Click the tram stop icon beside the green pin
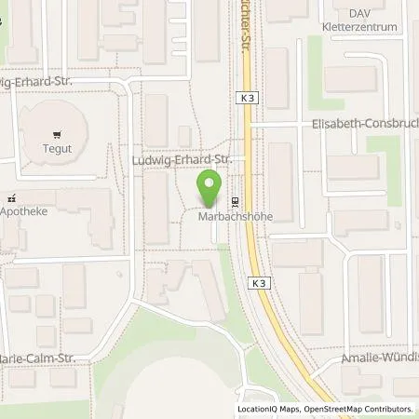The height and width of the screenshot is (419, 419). [x=235, y=202]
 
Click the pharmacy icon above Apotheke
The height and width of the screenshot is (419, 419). [x=11, y=198]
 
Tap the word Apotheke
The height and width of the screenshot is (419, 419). [x=24, y=211]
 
